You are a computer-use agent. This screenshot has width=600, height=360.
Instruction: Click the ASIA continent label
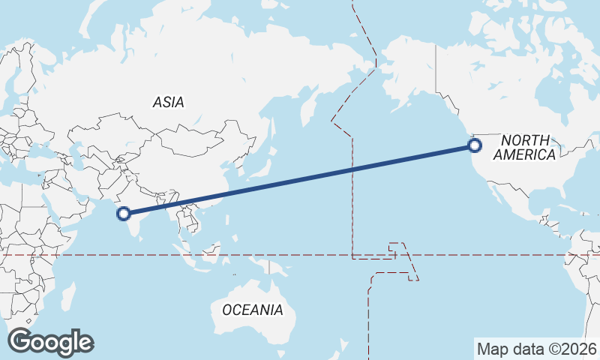tap(168, 102)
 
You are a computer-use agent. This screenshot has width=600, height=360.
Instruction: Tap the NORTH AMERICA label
tap(524, 147)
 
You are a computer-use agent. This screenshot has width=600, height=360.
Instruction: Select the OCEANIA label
tap(252, 309)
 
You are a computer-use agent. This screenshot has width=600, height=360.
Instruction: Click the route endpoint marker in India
tap(124, 214)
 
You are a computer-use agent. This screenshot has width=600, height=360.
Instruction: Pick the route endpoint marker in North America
tap(474, 145)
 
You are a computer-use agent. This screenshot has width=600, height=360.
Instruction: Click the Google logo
tap(50, 342)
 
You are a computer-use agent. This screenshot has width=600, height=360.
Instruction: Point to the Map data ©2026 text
tap(537, 349)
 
